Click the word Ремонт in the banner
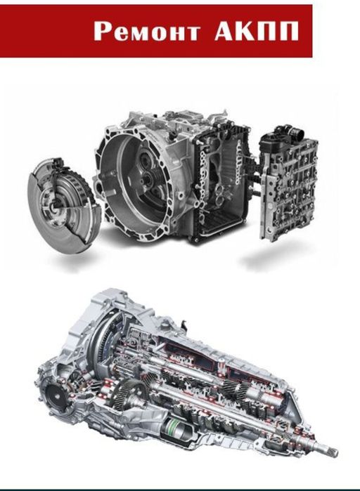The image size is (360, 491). click(147, 32)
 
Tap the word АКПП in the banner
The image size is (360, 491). click(257, 31)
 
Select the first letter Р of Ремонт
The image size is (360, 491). click(103, 32)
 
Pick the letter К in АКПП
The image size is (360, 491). click(246, 31)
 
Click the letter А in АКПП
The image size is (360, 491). click(225, 31)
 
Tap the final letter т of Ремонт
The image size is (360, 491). click(191, 33)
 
